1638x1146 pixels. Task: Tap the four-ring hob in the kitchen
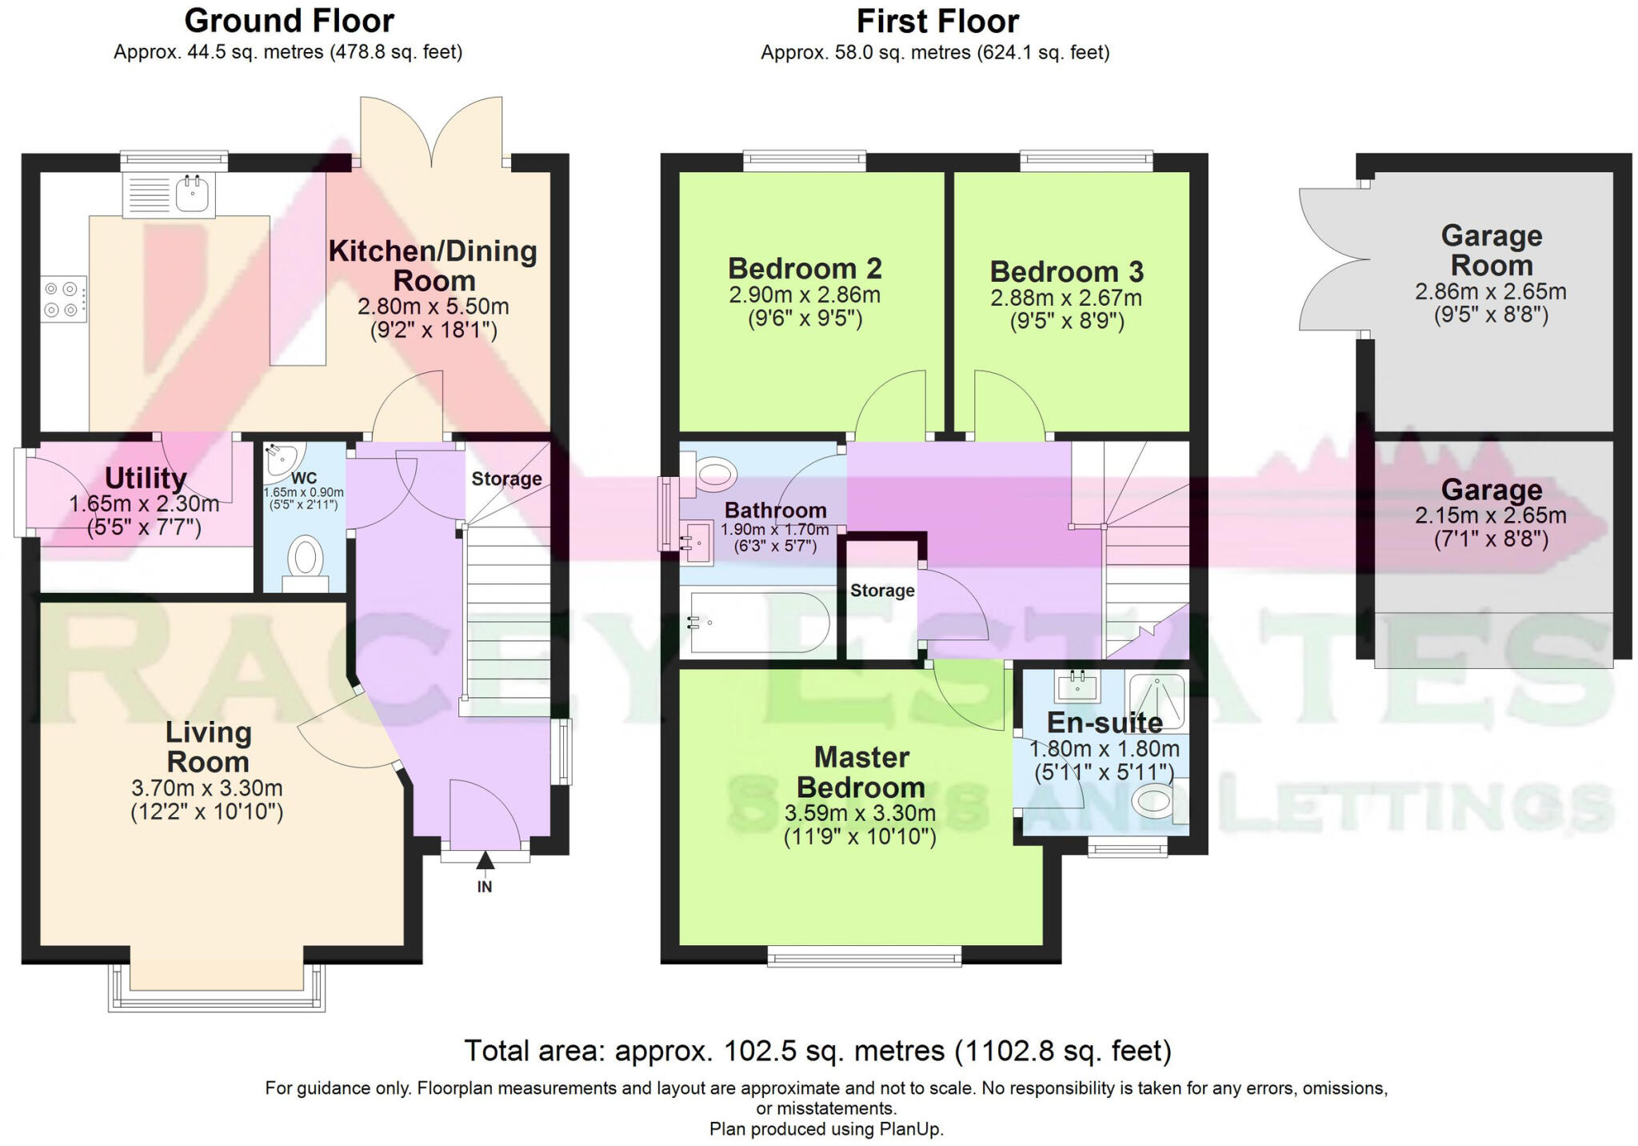tap(63, 299)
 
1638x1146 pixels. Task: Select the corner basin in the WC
tap(280, 459)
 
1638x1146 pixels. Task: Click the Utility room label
tap(146, 479)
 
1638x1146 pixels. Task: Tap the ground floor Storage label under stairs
tap(506, 479)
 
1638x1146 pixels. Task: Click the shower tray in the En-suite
tap(1157, 699)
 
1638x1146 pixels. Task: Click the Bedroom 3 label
tap(1066, 272)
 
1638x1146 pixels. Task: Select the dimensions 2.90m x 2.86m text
tap(804, 295)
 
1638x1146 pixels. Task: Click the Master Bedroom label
tap(861, 772)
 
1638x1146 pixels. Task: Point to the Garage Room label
tap(1491, 250)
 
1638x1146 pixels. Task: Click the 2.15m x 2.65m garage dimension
tap(1491, 516)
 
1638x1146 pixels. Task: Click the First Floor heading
tap(937, 22)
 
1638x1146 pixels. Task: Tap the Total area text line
tap(817, 1051)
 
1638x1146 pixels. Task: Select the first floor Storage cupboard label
tap(881, 591)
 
